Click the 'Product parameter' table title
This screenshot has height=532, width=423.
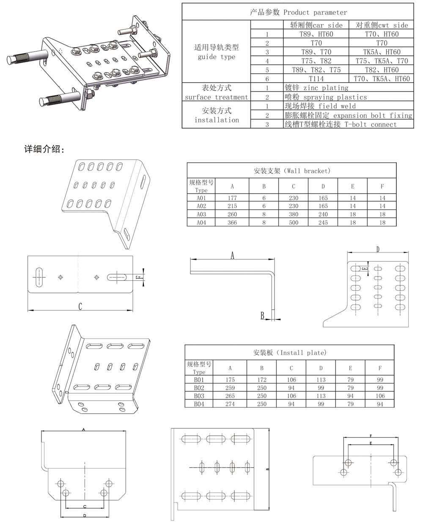tap(298, 12)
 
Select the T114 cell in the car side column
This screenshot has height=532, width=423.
tap(316, 79)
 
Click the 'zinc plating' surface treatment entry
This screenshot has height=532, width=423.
tap(317, 88)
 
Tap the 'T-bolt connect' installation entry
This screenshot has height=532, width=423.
tap(341, 125)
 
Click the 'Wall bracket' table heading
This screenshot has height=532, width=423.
tap(292, 171)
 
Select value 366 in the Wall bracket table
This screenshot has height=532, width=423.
tap(232, 222)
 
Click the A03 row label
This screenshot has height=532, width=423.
tap(201, 214)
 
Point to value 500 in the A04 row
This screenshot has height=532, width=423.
tap(293, 222)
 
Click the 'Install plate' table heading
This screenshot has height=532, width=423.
tap(290, 352)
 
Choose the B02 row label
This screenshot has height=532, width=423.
tap(199, 388)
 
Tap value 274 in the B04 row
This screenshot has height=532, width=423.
tap(230, 404)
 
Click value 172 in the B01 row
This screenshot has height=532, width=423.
tap(262, 380)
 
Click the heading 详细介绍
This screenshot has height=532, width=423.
tap(44, 149)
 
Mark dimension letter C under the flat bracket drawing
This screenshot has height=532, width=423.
tap(80, 307)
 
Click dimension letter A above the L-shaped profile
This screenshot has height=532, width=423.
tap(232, 255)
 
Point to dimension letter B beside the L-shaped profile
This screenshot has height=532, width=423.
tap(262, 316)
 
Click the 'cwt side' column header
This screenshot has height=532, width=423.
tap(382, 25)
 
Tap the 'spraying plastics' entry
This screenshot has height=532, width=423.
tap(326, 97)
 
